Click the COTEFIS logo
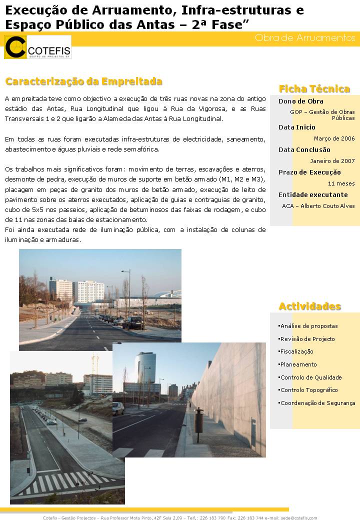(x=37, y=47)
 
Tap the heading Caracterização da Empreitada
(x=83, y=81)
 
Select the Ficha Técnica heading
(x=314, y=89)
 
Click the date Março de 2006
(x=334, y=138)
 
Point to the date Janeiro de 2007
(x=332, y=160)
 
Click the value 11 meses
(x=344, y=183)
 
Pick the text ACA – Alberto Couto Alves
(x=318, y=205)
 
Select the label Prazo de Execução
(x=309, y=172)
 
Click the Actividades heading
(x=309, y=306)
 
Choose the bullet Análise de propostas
(x=308, y=326)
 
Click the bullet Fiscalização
(x=296, y=351)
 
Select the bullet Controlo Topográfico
(x=308, y=390)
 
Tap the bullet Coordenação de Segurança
(x=317, y=403)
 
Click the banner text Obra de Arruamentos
(x=304, y=38)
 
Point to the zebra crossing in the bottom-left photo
(x=65, y=482)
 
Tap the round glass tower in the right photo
(x=145, y=368)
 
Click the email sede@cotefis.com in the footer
(x=298, y=517)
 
